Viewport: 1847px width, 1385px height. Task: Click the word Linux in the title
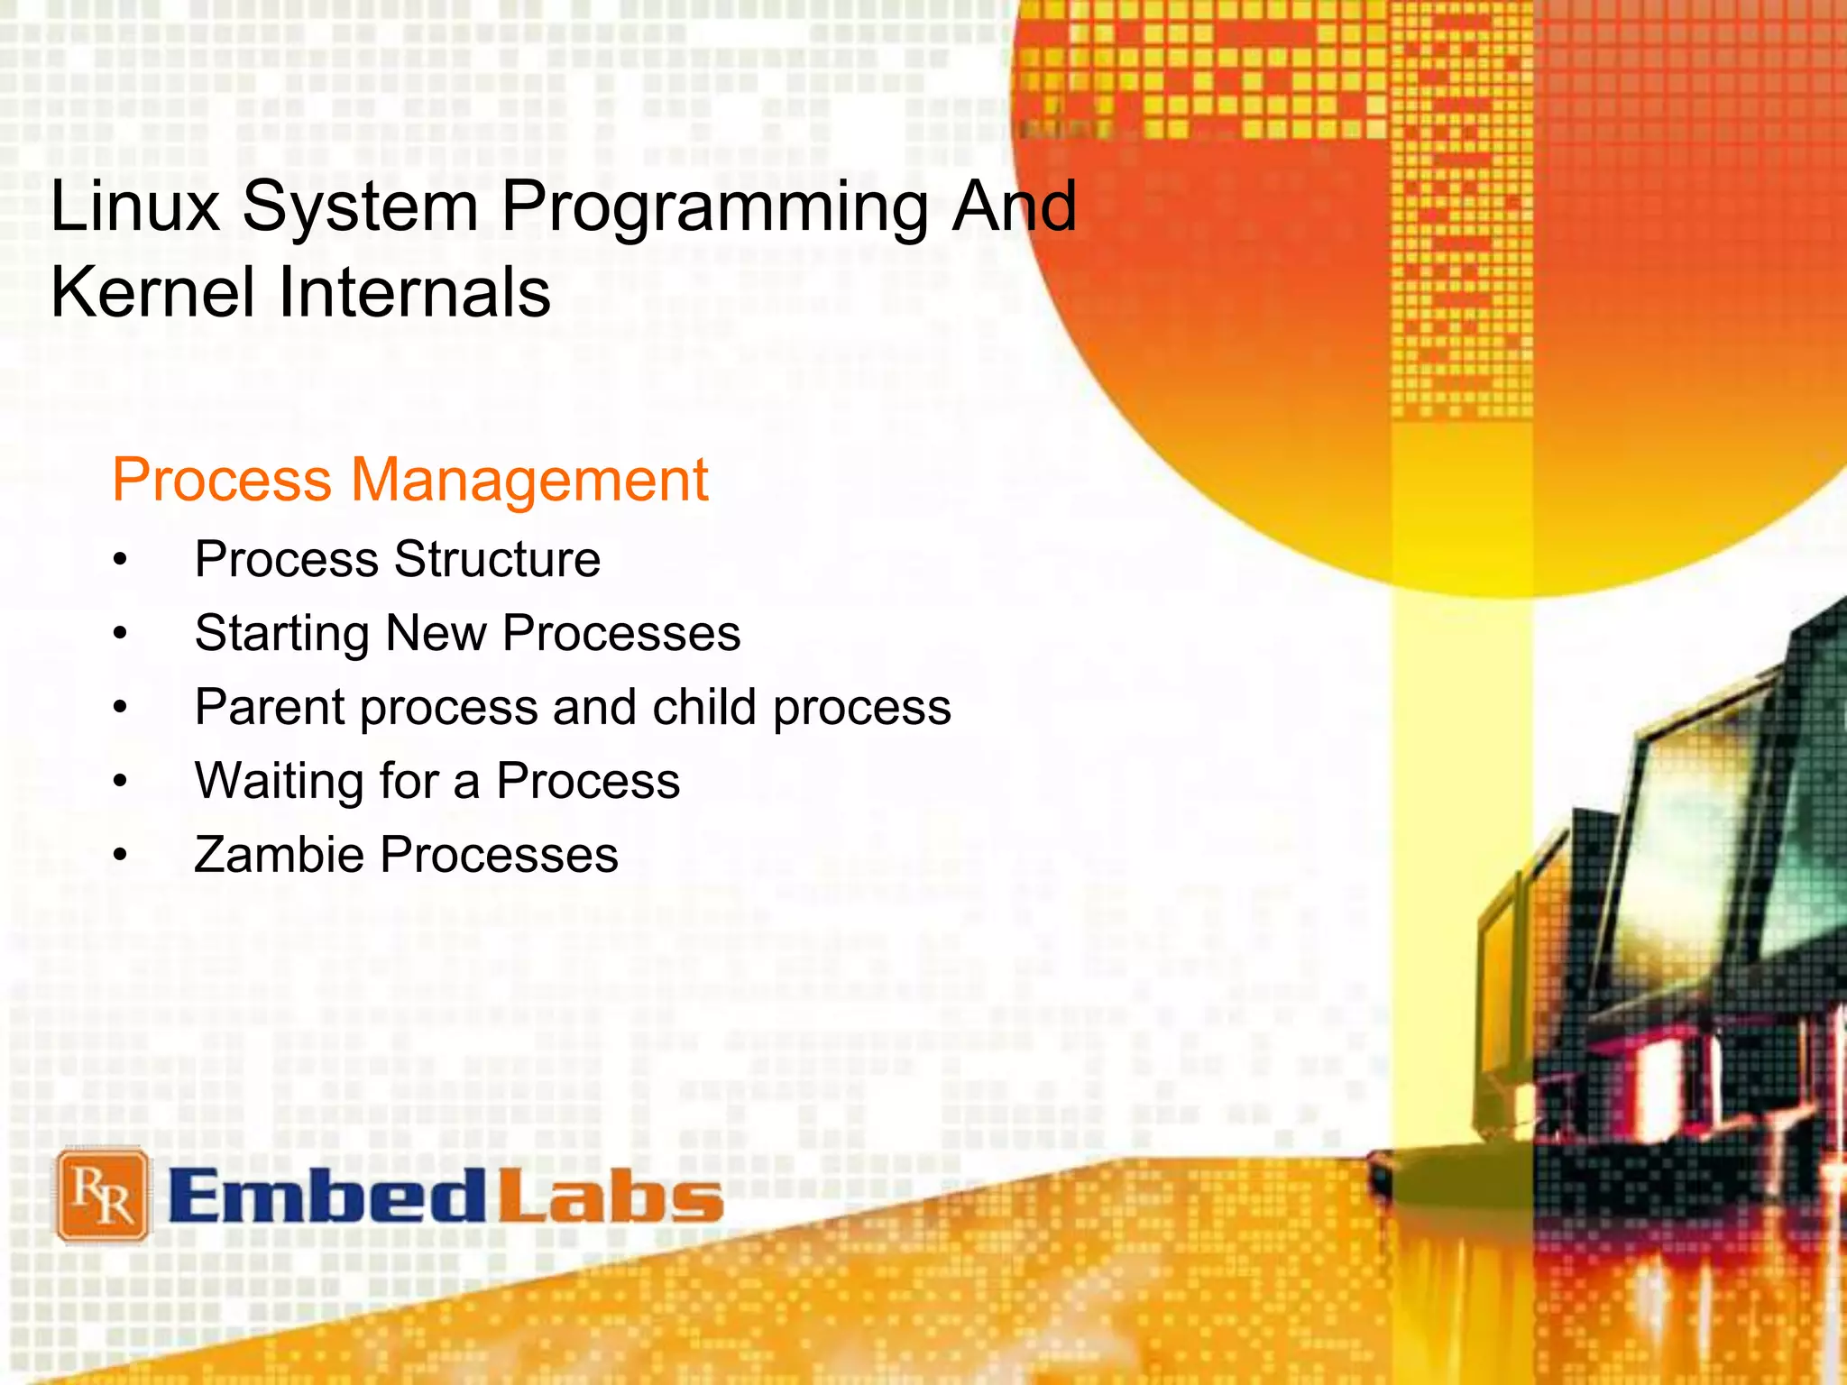(135, 206)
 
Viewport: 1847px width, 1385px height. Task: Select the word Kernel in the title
(153, 292)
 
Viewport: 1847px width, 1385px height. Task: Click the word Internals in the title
(414, 292)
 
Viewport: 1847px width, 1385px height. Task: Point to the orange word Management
(529, 480)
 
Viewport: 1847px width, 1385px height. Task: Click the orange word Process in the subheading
(222, 480)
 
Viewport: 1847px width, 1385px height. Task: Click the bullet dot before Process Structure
(121, 560)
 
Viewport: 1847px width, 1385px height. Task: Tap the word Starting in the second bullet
(282, 634)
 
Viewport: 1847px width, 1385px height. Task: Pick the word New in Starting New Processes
(436, 633)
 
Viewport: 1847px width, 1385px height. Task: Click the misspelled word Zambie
(279, 855)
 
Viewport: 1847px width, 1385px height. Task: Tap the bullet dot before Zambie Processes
(121, 856)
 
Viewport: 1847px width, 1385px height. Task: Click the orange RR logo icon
(102, 1196)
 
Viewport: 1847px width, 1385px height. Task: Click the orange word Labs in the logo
(611, 1197)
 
